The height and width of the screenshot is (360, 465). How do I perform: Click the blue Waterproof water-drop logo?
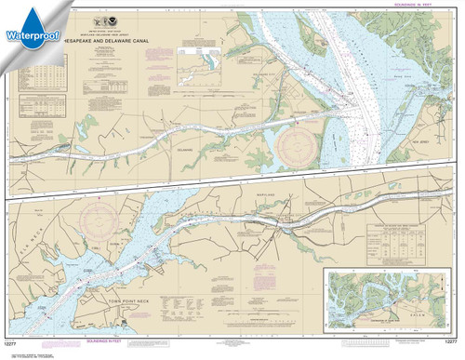click(x=29, y=26)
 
